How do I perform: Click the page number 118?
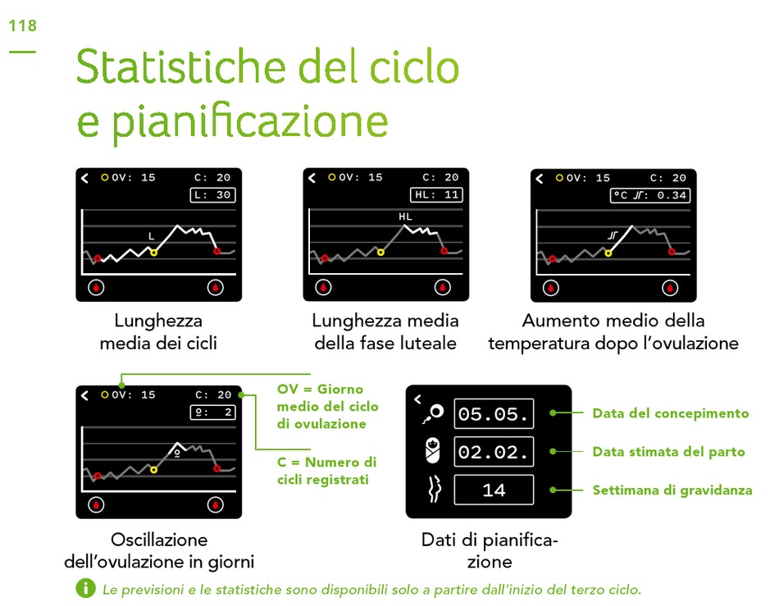(23, 25)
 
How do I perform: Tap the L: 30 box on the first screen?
(212, 194)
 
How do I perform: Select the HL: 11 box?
(436, 194)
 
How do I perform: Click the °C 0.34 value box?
(649, 195)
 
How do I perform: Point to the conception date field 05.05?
(494, 414)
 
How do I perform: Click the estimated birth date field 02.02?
(494, 452)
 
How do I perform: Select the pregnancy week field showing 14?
(494, 490)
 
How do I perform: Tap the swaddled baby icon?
(433, 450)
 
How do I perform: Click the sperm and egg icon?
(433, 414)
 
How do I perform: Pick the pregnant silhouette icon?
(435, 489)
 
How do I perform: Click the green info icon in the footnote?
(85, 589)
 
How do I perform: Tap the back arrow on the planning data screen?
(418, 399)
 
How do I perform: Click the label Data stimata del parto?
(668, 452)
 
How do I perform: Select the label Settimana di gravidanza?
(672, 490)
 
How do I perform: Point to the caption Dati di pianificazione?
(490, 550)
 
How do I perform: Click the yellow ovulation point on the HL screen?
(380, 253)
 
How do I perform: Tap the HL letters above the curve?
(405, 216)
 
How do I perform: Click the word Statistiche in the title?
(182, 66)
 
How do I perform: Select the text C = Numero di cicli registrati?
(326, 471)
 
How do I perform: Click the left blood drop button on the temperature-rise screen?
(551, 288)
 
